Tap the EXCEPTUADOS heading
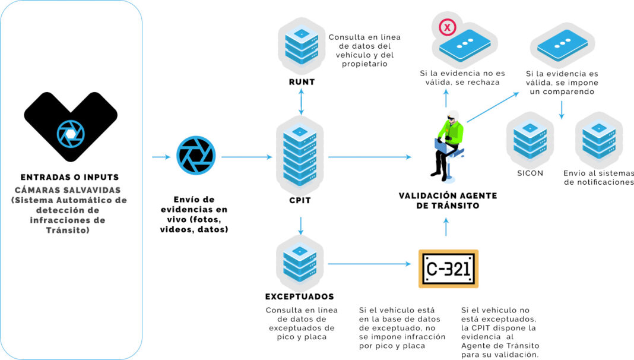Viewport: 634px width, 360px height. (300, 296)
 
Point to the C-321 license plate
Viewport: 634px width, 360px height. (448, 269)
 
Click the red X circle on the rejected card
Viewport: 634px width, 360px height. (447, 27)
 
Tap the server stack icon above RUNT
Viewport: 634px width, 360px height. (302, 45)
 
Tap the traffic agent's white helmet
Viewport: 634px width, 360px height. (453, 114)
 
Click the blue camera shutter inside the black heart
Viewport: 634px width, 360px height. (71, 134)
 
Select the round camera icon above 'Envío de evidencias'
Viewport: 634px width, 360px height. (194, 156)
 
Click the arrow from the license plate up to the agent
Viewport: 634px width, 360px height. (446, 228)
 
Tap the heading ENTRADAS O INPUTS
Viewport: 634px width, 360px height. (69, 177)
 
